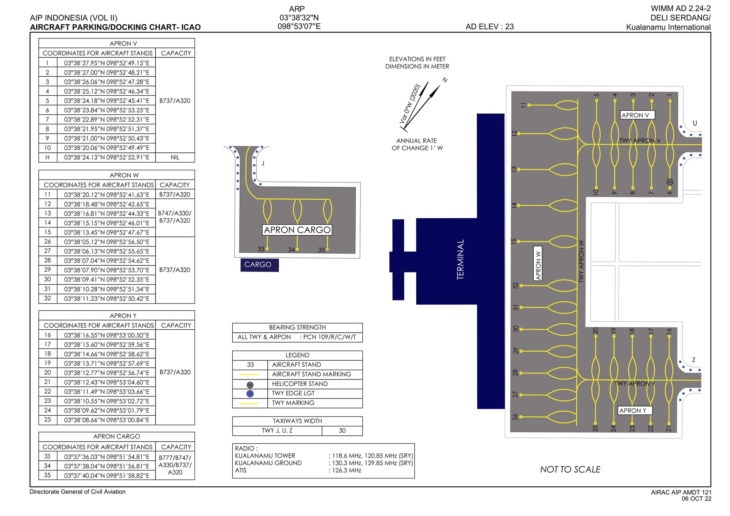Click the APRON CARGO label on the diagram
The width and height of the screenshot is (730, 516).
(x=297, y=230)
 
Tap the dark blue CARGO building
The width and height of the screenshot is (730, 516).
(x=259, y=265)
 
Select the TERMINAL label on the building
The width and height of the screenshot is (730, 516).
(x=460, y=260)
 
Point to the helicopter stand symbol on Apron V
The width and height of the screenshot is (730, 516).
(x=670, y=182)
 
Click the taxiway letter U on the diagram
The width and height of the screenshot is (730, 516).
(x=695, y=123)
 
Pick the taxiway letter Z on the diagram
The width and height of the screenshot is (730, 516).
(x=693, y=360)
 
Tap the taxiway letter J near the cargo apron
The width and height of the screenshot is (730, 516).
(x=263, y=163)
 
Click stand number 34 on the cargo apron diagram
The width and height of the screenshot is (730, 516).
(x=291, y=250)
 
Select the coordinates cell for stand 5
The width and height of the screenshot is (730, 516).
(x=106, y=101)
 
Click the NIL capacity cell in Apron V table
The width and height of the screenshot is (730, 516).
(x=175, y=157)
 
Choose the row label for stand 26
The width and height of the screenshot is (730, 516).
(x=48, y=241)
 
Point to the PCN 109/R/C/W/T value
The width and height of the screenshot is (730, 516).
(x=329, y=337)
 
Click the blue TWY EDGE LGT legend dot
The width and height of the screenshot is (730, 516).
(x=250, y=394)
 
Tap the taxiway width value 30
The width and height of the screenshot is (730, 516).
(x=342, y=430)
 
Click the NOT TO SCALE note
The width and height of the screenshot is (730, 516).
(x=570, y=470)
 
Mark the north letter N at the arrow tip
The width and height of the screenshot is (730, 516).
(x=444, y=80)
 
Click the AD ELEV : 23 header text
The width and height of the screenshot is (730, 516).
(x=490, y=27)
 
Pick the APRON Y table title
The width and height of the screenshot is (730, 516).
(x=123, y=316)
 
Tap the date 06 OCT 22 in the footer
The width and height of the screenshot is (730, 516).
(x=697, y=499)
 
